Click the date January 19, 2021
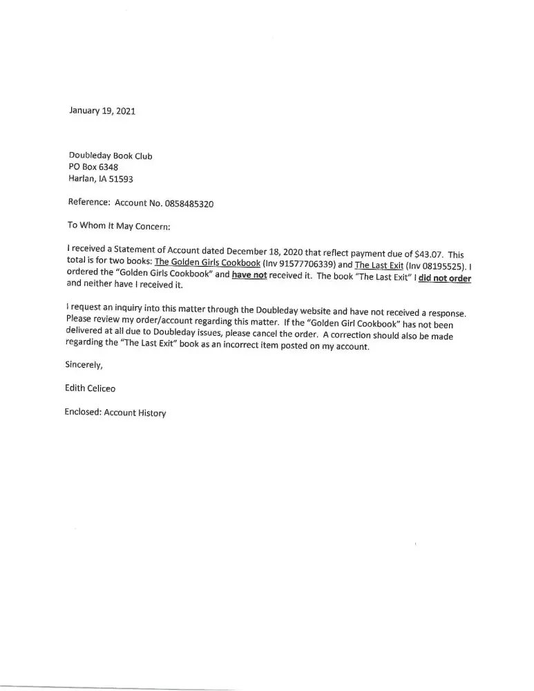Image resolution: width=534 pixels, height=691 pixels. point(102,110)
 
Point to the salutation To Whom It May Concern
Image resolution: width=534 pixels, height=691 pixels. point(114,226)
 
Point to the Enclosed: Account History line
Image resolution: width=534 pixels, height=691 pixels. point(115,413)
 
